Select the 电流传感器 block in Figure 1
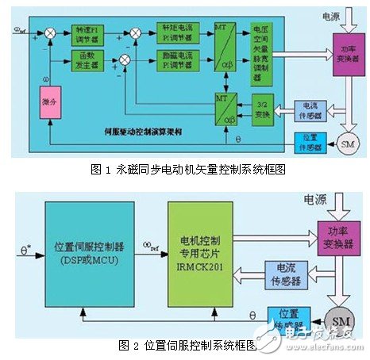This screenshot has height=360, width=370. click(x=306, y=110)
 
